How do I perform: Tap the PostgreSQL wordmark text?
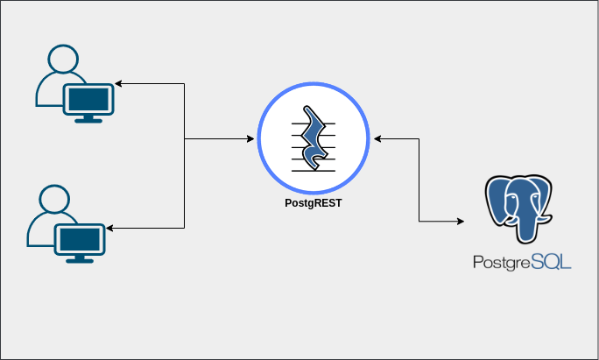click(x=521, y=261)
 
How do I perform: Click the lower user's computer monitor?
click(x=81, y=238)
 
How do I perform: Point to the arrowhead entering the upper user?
click(x=119, y=84)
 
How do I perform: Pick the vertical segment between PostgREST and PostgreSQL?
click(x=419, y=180)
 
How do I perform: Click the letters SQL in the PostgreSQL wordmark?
click(x=550, y=261)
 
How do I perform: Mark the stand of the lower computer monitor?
click(x=81, y=258)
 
